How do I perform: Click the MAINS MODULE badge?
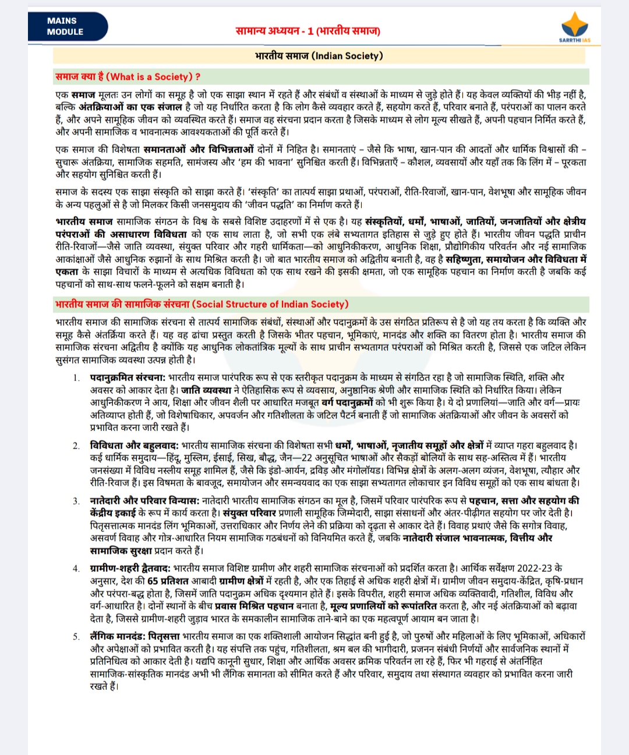tap(65, 26)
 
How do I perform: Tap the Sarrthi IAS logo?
tap(574, 29)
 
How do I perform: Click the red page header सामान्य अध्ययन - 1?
tap(308, 30)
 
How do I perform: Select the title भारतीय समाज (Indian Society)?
tap(319, 56)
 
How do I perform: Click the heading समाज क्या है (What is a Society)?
tap(128, 77)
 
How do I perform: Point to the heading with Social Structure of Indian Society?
tap(202, 304)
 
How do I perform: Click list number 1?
tap(76, 378)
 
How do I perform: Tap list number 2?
tap(76, 446)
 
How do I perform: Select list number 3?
tap(76, 501)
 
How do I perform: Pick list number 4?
tap(76, 568)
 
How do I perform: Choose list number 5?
tap(76, 636)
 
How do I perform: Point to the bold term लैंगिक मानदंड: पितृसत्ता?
tap(135, 636)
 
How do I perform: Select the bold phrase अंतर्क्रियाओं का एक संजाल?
tap(130, 107)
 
